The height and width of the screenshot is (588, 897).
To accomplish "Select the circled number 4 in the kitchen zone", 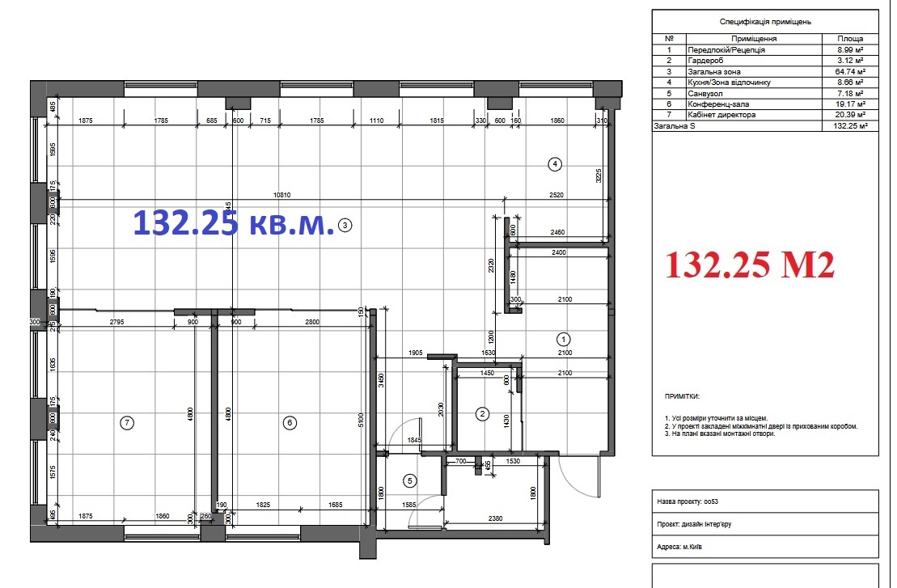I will click(554, 164).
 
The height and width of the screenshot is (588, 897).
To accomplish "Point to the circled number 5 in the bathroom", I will click(409, 481).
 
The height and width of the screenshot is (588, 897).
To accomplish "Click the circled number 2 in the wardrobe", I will click(482, 415).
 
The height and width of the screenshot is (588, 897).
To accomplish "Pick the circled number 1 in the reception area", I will click(564, 338).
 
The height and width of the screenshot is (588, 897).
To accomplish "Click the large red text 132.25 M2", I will click(750, 264).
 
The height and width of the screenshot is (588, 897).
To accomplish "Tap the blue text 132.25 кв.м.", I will click(233, 222).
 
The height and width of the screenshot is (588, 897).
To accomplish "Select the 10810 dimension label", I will click(281, 195).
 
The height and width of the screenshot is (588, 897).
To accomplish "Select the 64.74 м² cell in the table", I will click(849, 71).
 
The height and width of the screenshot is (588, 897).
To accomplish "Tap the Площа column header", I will click(849, 38).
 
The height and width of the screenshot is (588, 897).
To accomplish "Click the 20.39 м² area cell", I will click(849, 115).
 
